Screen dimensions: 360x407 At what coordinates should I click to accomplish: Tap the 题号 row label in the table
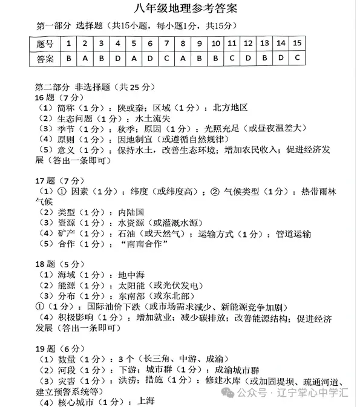[x=45, y=44]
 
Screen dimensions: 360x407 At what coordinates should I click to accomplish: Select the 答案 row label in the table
[x=45, y=59]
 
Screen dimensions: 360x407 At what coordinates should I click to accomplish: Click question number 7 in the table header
[x=166, y=44]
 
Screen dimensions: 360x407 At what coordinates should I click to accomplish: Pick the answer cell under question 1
[x=69, y=59]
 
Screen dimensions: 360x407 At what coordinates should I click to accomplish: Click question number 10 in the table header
[x=215, y=44]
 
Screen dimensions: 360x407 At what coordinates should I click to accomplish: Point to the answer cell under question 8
[x=182, y=59]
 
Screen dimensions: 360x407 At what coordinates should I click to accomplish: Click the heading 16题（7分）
[x=57, y=97]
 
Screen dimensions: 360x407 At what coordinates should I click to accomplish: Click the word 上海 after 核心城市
[x=146, y=401]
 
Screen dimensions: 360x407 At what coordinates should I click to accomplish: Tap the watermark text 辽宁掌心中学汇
[x=311, y=392]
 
